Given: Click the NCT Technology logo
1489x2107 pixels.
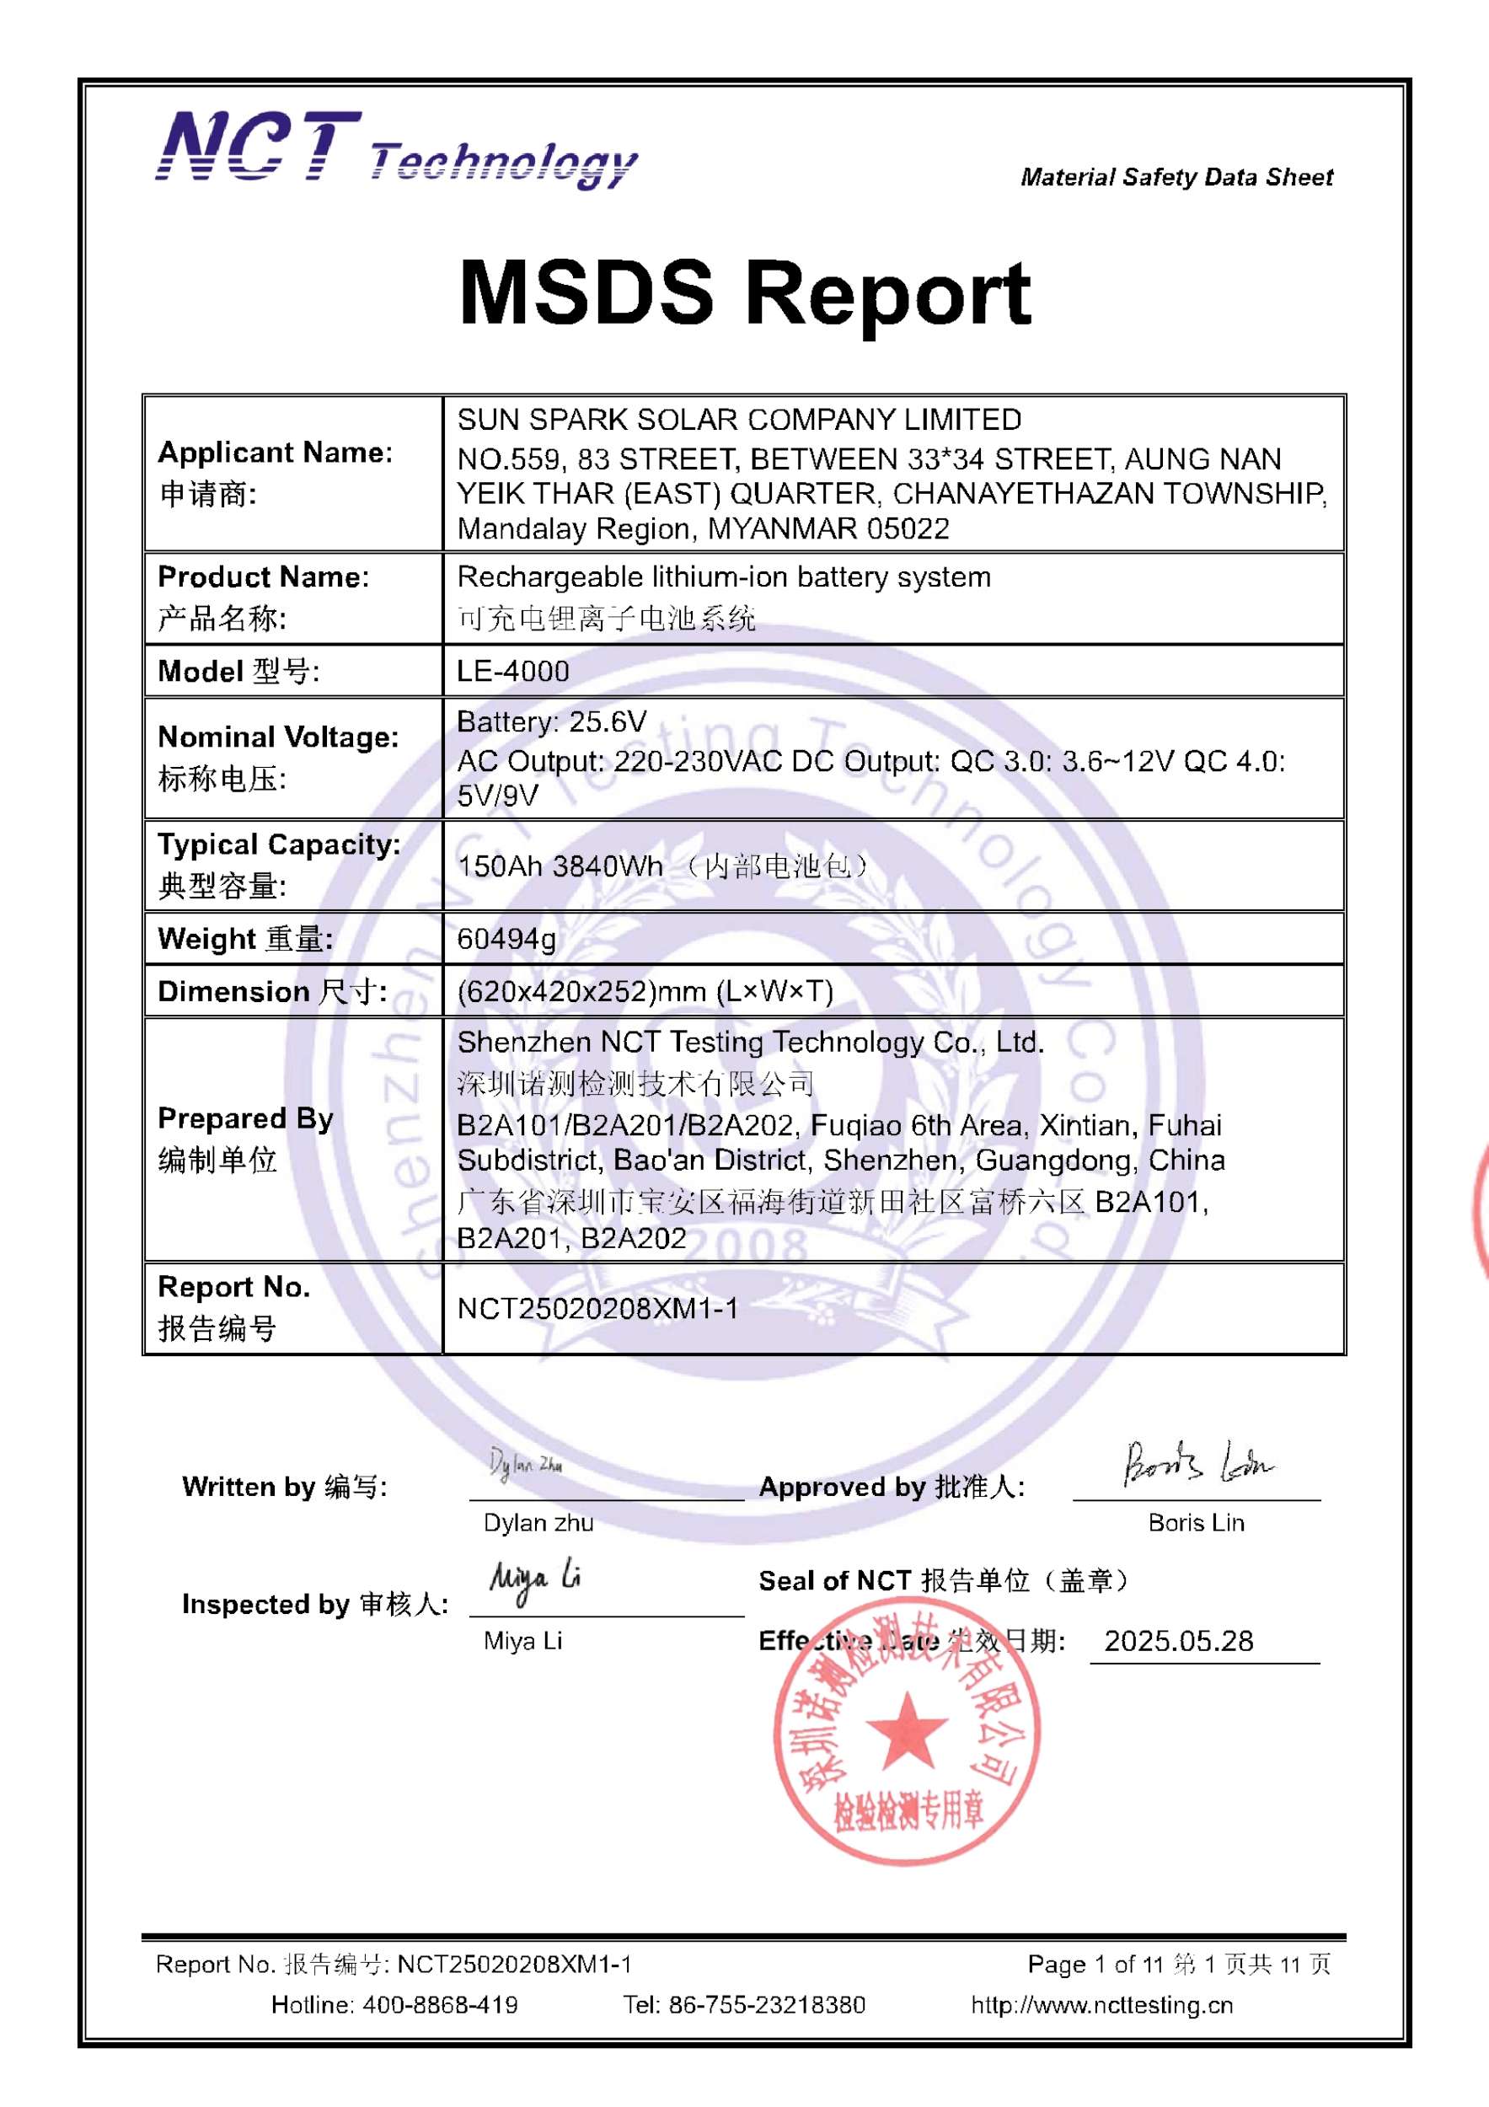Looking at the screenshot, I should (x=395, y=148).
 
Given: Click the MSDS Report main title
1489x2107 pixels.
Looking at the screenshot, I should (x=744, y=292).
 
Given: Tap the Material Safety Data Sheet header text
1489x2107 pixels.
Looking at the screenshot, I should (x=1176, y=177).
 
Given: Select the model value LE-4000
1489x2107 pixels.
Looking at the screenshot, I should (x=513, y=671).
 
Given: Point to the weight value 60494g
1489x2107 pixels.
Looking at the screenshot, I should (x=506, y=939).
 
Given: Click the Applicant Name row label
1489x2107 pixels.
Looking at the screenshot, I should (x=276, y=453).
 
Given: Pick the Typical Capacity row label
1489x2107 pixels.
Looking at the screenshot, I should (x=279, y=844).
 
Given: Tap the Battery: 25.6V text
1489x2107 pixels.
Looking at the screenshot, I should (x=551, y=722).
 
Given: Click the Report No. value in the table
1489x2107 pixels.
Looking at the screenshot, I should (x=597, y=1309).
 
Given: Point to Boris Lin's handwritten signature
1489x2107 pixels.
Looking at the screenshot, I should (x=1197, y=1464).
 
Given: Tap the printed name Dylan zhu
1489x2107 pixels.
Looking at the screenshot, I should (x=538, y=1523).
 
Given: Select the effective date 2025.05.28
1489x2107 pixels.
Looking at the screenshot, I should (x=1178, y=1641).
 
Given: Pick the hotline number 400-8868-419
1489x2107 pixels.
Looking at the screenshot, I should (x=439, y=2004).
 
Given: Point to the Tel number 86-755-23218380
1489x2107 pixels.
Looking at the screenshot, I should (x=766, y=2004).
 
